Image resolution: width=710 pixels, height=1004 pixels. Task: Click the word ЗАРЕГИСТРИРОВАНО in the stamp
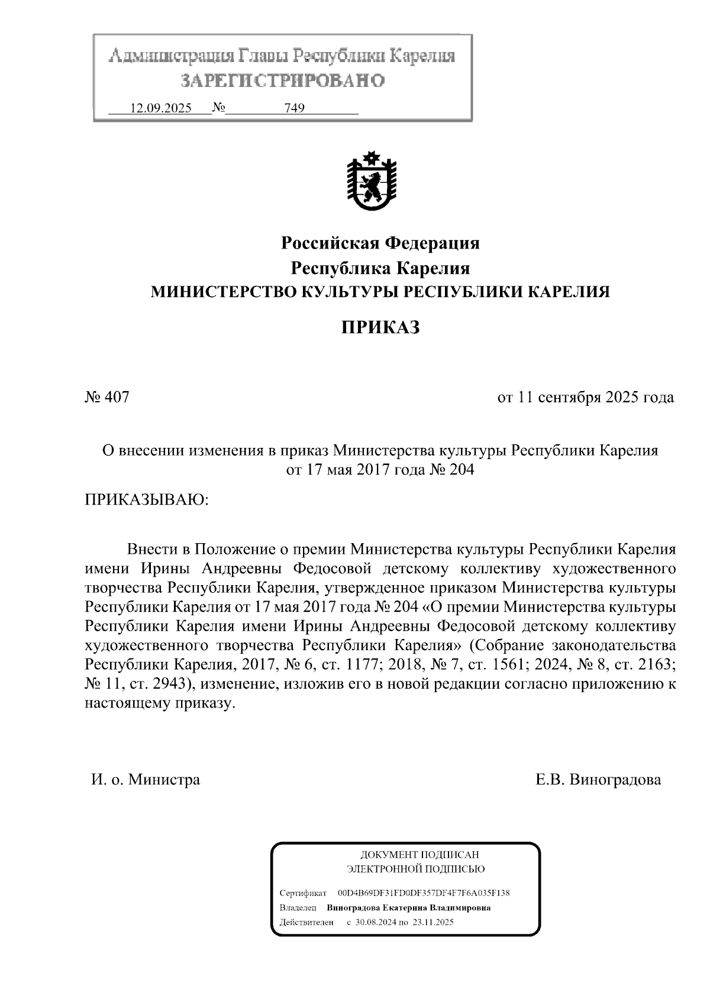282,80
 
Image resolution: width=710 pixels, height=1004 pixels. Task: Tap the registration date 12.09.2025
160,108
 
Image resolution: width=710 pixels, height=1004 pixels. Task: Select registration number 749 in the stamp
294,108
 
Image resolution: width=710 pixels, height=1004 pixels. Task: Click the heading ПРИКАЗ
380,327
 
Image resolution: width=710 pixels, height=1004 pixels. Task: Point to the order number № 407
107,397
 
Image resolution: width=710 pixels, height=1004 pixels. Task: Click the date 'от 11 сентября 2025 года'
585,397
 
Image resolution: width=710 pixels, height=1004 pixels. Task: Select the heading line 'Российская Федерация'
380,243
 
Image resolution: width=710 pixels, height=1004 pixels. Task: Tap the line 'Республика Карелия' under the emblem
380,268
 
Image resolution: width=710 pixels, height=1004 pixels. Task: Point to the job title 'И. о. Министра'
146,779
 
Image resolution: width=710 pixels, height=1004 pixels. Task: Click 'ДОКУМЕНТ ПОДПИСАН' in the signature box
419,854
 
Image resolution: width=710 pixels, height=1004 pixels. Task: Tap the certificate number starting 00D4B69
424,893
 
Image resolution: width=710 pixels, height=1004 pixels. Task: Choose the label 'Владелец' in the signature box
298,908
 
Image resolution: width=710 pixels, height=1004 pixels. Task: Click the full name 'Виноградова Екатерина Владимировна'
408,908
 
